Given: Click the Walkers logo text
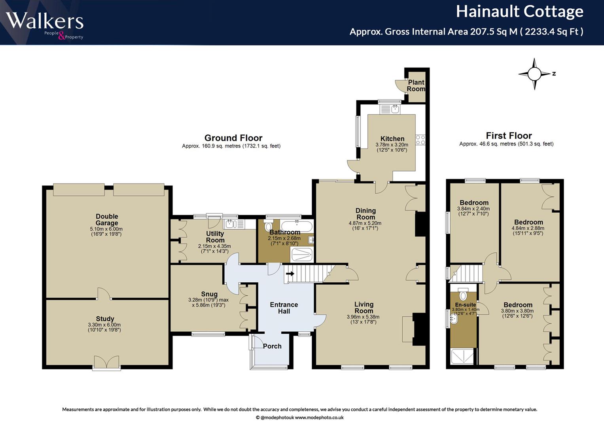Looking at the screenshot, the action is [45, 21].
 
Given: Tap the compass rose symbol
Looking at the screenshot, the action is [534, 74].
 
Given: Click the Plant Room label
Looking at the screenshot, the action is [416, 85].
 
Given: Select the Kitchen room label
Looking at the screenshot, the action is [392, 138].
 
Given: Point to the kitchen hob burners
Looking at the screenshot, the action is [420, 140].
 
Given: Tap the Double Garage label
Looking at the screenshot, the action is [107, 220].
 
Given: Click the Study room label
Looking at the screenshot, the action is [105, 319].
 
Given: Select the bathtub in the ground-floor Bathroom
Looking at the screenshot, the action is [297, 226].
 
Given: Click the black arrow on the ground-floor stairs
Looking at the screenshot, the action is [290, 274].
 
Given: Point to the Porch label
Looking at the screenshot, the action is [272, 346].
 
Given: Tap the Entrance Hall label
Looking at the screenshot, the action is [284, 308].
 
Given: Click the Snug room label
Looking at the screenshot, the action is [209, 294].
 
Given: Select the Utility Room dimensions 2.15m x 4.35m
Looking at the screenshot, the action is [214, 246].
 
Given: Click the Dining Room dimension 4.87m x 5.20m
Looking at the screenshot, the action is [365, 223].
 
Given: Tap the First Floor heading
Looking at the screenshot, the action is [509, 135].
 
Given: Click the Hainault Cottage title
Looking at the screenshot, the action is [520, 11].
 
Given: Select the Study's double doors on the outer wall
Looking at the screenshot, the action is [106, 363].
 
